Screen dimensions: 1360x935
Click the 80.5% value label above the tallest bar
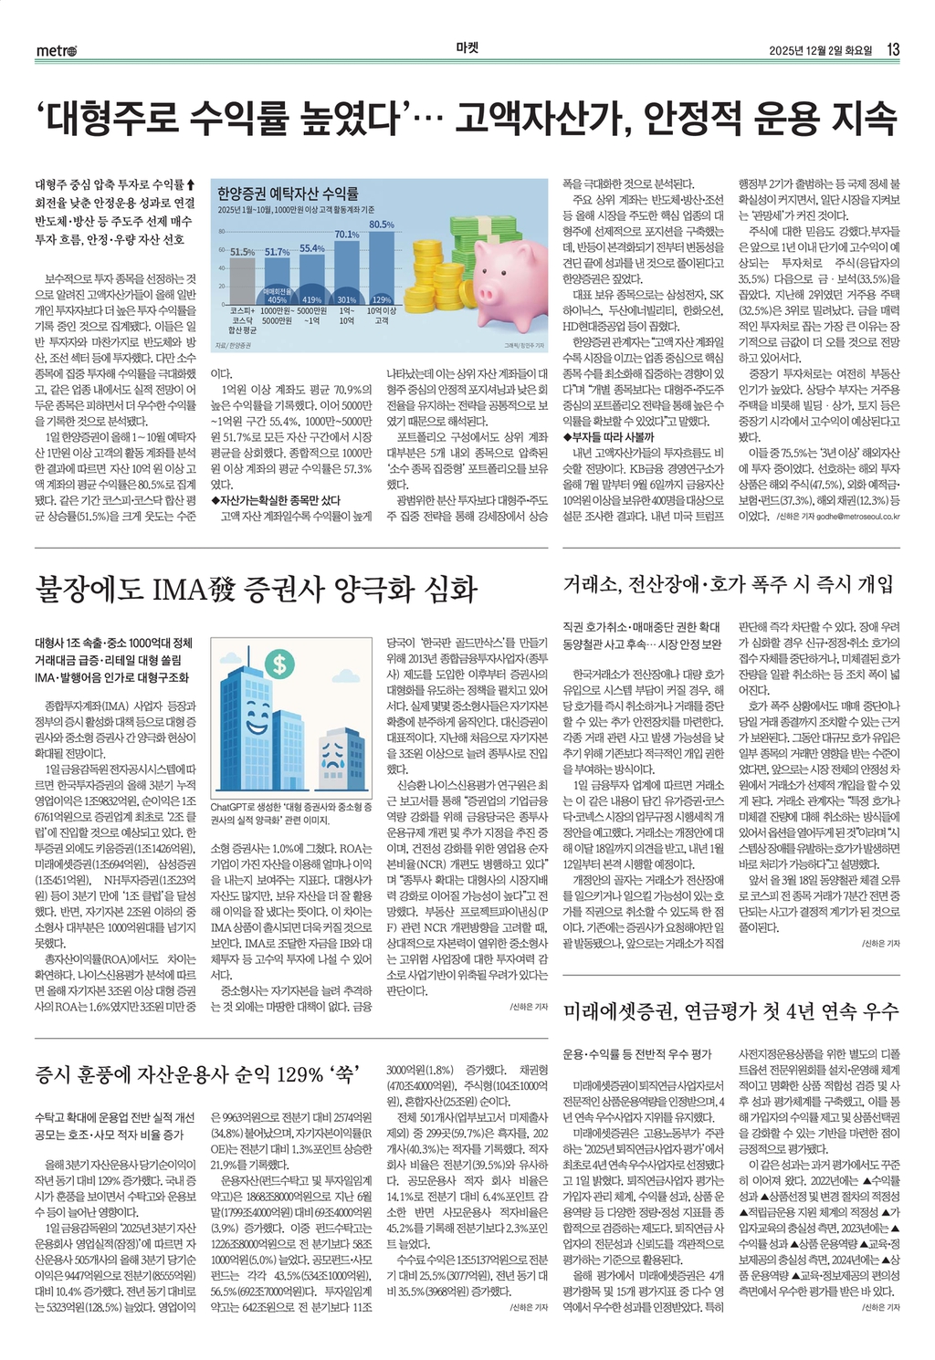click(x=382, y=225)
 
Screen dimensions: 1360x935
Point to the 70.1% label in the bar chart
click(x=347, y=235)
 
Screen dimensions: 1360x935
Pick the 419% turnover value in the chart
click(x=311, y=299)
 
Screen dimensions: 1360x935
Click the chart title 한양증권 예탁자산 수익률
click(x=288, y=194)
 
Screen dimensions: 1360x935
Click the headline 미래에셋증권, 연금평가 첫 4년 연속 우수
click(x=730, y=1010)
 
